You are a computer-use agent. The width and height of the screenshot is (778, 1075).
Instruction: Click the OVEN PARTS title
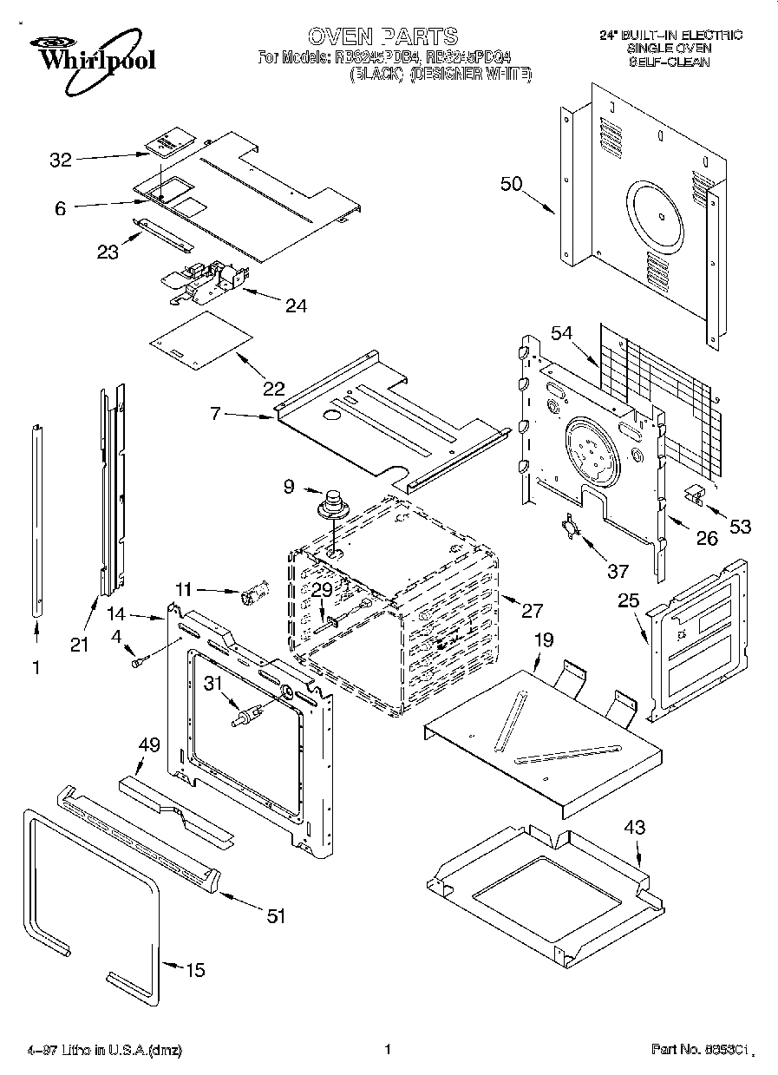382,36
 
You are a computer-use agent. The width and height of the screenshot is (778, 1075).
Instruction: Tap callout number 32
60,160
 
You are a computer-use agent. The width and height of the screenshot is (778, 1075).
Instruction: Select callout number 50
512,183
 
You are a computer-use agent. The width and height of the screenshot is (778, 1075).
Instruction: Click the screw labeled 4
137,663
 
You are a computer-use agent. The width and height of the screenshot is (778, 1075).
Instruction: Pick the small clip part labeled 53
693,495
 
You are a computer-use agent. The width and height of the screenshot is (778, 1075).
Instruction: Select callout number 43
635,828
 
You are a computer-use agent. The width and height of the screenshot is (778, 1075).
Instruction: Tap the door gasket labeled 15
91,902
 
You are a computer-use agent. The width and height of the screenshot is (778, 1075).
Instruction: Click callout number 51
275,916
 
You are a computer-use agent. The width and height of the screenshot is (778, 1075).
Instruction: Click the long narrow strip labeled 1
37,521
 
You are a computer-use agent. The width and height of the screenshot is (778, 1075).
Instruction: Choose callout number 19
543,640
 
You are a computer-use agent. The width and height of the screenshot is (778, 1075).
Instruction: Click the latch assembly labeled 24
206,281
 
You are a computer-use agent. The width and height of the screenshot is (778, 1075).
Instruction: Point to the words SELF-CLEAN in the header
670,62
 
